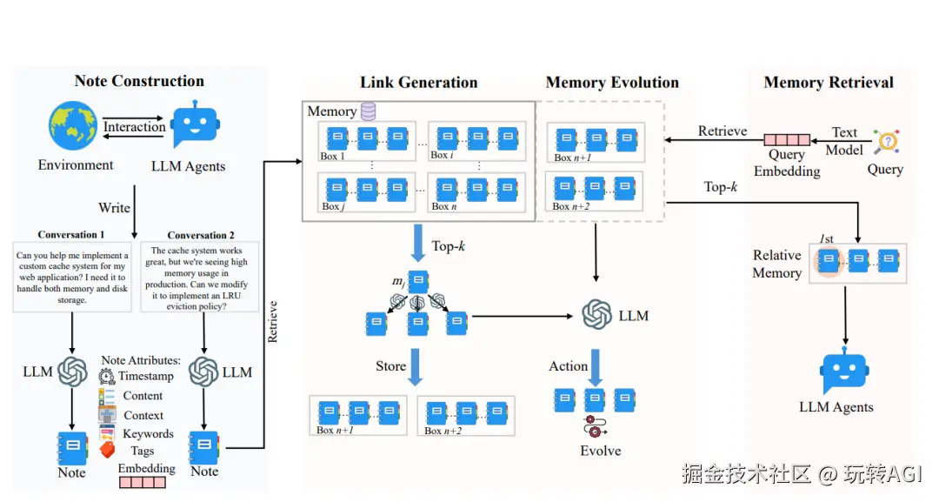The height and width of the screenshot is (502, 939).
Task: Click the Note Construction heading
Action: [139, 81]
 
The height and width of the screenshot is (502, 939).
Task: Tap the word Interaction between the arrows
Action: [134, 127]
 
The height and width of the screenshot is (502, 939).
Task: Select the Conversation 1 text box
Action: [71, 277]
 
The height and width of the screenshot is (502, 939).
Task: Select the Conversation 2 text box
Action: [199, 277]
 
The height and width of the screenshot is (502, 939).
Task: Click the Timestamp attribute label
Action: [146, 376]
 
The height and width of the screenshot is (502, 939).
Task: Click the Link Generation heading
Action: [419, 83]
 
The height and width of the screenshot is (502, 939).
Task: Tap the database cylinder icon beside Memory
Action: [369, 111]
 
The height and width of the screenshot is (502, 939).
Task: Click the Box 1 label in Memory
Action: [333, 157]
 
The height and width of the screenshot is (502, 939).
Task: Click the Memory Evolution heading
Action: [612, 83]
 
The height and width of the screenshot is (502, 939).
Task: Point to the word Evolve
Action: [601, 451]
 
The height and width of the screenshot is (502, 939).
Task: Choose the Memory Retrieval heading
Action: [829, 83]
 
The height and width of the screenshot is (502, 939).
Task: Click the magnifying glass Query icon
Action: [886, 142]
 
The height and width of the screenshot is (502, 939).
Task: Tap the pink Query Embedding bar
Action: [787, 139]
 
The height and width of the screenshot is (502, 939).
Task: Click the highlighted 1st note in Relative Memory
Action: [829, 259]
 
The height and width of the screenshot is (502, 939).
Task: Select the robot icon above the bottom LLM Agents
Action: [845, 373]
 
